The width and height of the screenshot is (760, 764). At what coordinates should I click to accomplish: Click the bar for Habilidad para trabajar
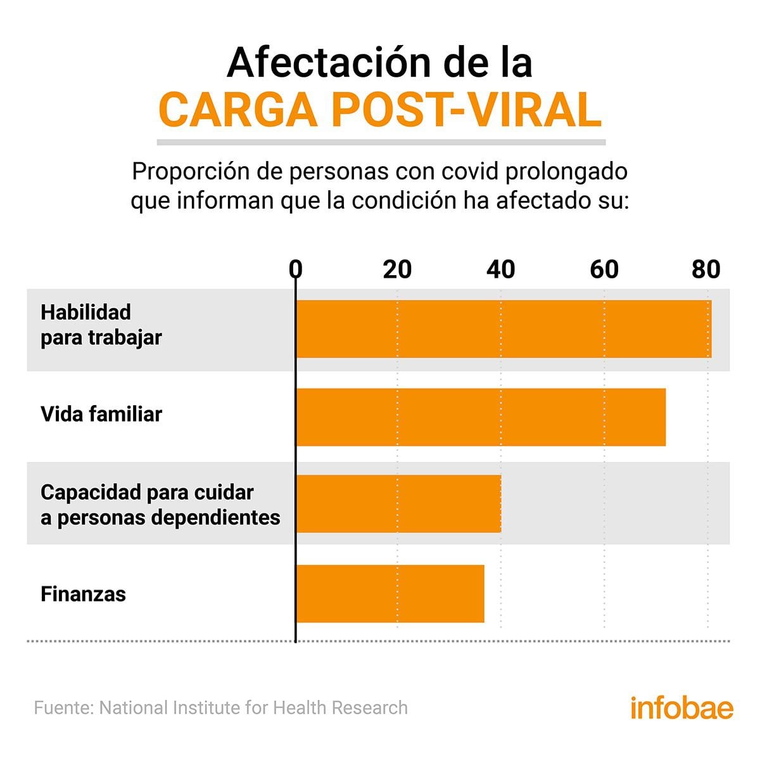[503, 329]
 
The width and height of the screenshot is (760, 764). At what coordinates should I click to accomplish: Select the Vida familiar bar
[481, 417]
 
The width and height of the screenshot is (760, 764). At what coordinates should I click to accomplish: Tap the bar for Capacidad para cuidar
[398, 503]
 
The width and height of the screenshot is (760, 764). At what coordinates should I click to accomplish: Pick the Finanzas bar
[390, 593]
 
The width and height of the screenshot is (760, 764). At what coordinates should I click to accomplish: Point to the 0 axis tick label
[295, 269]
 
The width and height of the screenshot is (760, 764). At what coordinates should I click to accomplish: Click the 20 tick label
[397, 269]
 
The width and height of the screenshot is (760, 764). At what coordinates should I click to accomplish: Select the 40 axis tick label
[500, 269]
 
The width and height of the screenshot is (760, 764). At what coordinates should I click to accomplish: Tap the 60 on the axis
[604, 269]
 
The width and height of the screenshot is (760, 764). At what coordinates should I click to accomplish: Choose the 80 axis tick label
[706, 269]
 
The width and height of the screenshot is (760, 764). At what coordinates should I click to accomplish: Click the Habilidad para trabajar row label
[101, 325]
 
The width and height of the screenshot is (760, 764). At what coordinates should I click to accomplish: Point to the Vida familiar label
[101, 415]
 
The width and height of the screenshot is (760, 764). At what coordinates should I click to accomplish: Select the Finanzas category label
[83, 594]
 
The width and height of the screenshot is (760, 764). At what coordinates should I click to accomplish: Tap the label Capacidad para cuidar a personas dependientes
[160, 505]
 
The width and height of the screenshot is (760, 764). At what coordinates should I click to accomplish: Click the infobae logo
[681, 707]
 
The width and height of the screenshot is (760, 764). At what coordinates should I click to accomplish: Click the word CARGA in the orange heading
[237, 110]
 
